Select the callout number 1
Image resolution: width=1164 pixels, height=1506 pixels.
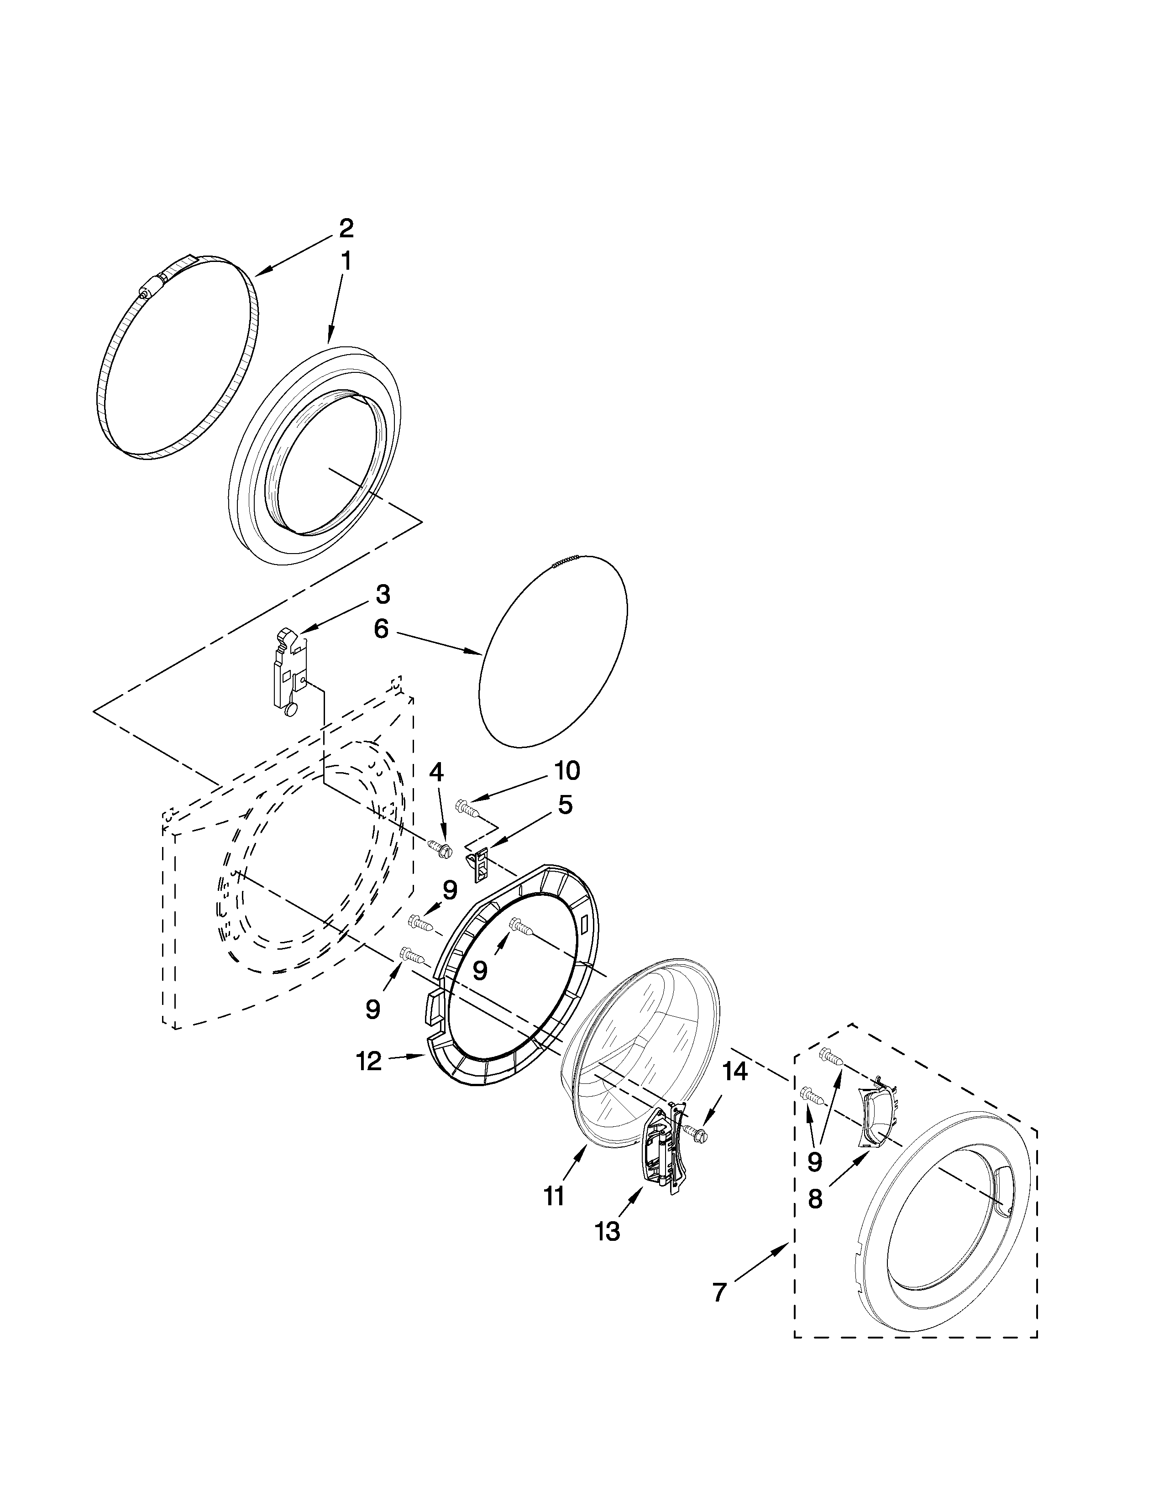(x=346, y=261)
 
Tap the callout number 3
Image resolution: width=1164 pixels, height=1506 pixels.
(x=383, y=594)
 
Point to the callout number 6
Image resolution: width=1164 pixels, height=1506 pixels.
(x=381, y=629)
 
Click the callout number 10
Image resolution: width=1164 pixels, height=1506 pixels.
(x=564, y=771)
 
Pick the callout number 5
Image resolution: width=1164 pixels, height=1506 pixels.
(x=565, y=805)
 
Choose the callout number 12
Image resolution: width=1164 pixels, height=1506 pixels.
(x=369, y=1061)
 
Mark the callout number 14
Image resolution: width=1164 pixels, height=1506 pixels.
(x=735, y=1072)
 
